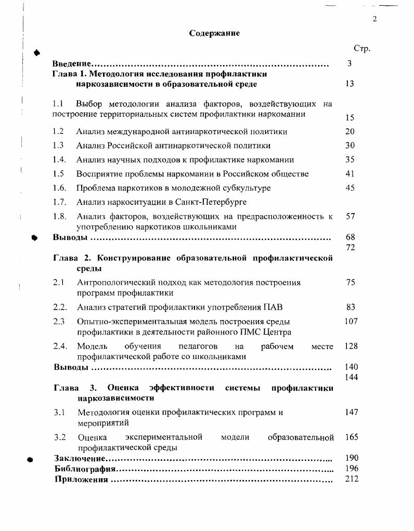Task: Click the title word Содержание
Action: click(x=214, y=33)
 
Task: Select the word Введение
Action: click(x=72, y=64)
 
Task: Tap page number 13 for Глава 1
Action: click(x=350, y=84)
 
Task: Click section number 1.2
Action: click(x=58, y=131)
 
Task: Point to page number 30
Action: click(x=350, y=145)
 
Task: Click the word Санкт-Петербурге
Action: click(x=214, y=202)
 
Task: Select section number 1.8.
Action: click(x=59, y=216)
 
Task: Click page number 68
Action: click(x=350, y=237)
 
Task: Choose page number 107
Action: click(x=351, y=321)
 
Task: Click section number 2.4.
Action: click(x=60, y=346)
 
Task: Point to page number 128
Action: click(x=351, y=346)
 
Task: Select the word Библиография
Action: click(x=85, y=469)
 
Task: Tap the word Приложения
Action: click(x=81, y=479)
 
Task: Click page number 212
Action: click(x=352, y=479)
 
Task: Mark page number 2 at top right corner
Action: click(x=374, y=19)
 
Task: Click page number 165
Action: click(x=352, y=437)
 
